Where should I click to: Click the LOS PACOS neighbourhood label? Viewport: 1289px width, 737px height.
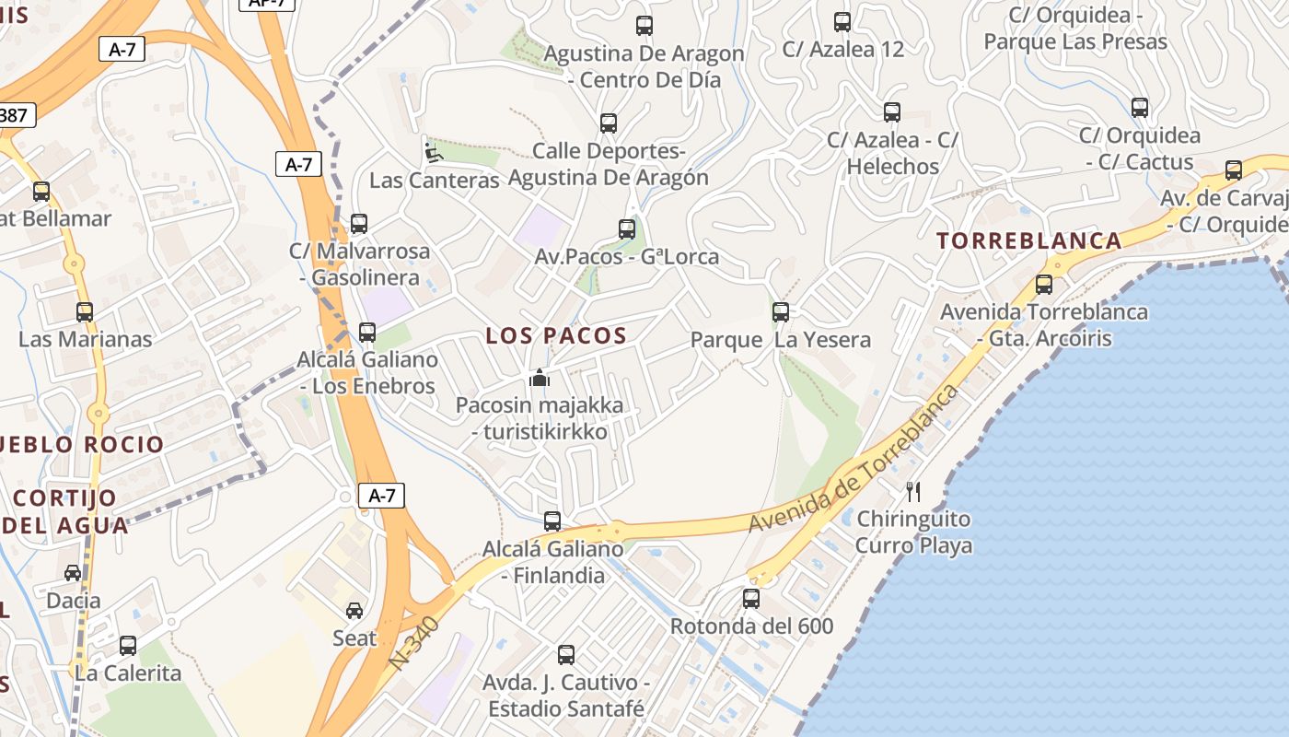556,336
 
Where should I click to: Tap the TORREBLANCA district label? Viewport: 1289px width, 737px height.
1029,241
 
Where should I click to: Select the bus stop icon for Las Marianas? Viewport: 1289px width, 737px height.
85,311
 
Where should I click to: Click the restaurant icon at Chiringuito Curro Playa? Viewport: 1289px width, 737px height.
913,491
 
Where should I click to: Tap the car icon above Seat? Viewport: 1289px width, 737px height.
354,610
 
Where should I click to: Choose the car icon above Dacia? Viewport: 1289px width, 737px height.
73,573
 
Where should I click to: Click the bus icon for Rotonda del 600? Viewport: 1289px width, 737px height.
751,599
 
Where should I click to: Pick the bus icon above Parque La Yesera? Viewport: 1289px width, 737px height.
781,311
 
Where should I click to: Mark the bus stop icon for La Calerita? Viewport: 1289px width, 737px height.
128,645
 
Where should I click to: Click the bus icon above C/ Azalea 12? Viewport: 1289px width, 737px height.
842,22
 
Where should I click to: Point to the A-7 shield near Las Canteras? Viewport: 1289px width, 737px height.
298,165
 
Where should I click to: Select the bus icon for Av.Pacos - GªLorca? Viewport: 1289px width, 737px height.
627,228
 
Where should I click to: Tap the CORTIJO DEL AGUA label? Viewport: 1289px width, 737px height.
66,512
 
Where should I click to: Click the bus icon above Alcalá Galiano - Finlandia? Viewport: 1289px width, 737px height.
552,521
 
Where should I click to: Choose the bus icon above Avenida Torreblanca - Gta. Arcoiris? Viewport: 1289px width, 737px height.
1043,285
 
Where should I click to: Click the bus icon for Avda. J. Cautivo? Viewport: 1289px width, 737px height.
566,655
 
